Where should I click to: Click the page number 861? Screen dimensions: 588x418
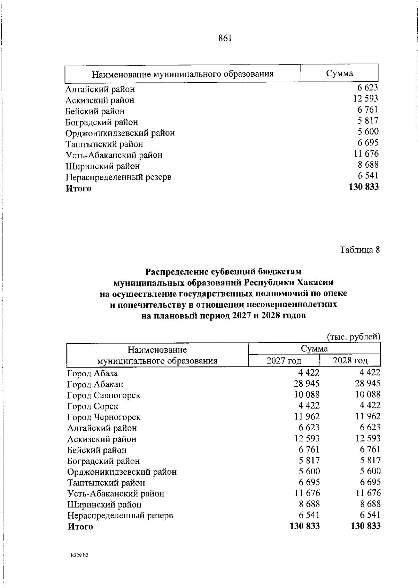tap(225, 38)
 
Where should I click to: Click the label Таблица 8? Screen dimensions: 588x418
tap(359, 250)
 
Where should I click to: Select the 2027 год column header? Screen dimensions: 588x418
tap(284, 360)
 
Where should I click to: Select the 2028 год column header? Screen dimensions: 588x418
tap(350, 360)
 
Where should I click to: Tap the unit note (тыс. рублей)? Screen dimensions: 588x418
tap(353, 337)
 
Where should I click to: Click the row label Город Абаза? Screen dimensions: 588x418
tap(92, 374)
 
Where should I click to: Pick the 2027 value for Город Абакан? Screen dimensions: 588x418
tap(307, 384)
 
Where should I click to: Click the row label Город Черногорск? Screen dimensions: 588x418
tap(104, 417)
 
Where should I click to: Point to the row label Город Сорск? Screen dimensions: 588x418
tap(93, 406)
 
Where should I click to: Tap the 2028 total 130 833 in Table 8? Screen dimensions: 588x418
tap(365, 526)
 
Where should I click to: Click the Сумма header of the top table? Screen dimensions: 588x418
tap(339, 73)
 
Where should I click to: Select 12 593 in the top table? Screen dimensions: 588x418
tap(365, 99)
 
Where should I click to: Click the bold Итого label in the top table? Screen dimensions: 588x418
tap(79, 189)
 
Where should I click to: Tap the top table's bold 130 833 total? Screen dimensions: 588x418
tap(363, 187)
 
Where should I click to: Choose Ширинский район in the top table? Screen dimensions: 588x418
tap(103, 166)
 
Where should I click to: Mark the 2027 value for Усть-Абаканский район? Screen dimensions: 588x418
tap(307, 493)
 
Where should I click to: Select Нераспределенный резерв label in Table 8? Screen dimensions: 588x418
tap(120, 515)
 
